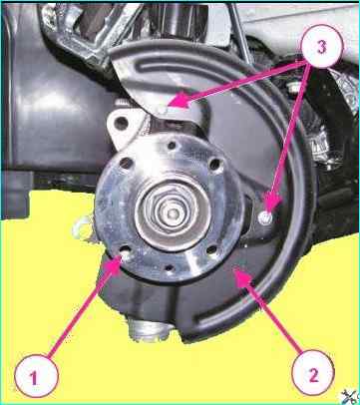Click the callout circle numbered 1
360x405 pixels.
[x=37, y=376]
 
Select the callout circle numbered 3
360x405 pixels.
[x=321, y=47]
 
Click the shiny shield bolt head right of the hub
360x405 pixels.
[x=265, y=218]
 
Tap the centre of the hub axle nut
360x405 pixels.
[x=173, y=210]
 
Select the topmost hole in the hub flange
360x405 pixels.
[x=172, y=145]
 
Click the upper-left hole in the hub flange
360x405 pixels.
[x=126, y=163]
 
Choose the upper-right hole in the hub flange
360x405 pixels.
[x=215, y=164]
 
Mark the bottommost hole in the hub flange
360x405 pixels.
[x=170, y=267]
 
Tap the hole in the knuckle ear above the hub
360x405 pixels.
[x=122, y=124]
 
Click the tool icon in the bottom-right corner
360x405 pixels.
[x=350, y=396]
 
